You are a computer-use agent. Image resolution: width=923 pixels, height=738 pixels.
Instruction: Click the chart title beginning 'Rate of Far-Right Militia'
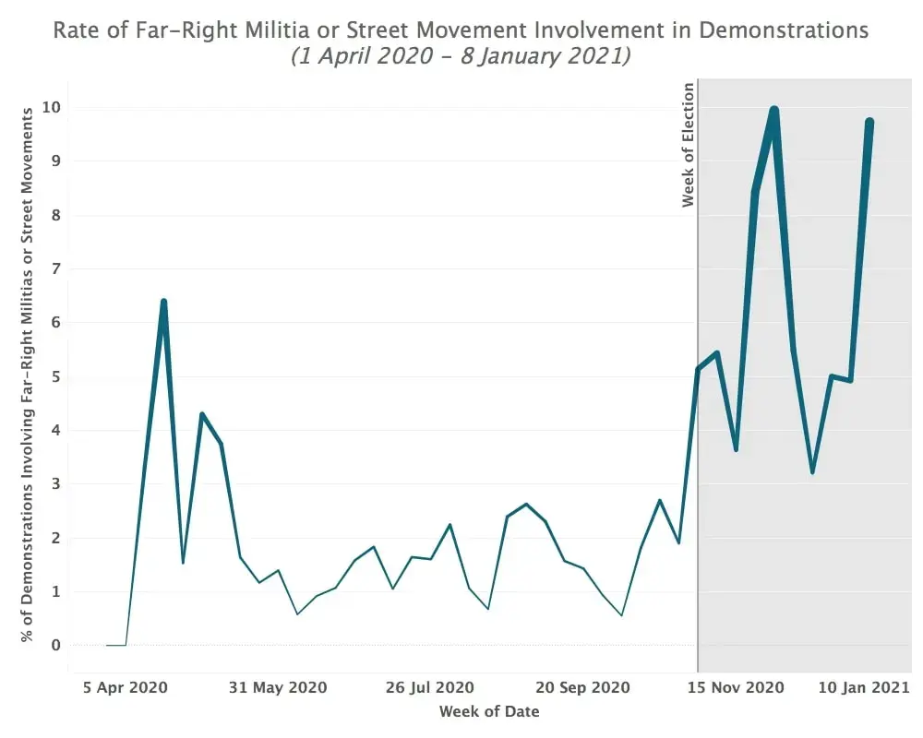click(x=461, y=30)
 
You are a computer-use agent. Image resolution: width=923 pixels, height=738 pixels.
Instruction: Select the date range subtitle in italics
click(x=461, y=56)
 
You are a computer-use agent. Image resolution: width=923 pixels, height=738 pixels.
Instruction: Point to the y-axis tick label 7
click(x=55, y=269)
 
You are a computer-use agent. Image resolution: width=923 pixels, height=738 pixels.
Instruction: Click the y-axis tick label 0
click(x=55, y=646)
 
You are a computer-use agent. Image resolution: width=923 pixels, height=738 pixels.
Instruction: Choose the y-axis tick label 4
click(x=55, y=431)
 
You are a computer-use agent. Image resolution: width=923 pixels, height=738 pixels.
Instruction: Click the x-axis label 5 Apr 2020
click(x=125, y=687)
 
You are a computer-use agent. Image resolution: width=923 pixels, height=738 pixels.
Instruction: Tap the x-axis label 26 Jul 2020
click(x=430, y=687)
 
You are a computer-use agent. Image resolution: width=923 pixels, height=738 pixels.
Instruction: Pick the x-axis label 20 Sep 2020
click(x=582, y=687)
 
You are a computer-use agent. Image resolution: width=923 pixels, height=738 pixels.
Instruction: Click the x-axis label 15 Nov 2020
click(x=736, y=687)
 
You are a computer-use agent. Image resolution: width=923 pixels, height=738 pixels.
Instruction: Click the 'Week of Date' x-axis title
click(x=489, y=711)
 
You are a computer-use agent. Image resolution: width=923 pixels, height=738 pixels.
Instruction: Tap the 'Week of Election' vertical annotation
click(x=689, y=145)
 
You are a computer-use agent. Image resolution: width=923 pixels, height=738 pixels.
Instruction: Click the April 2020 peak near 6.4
click(x=163, y=302)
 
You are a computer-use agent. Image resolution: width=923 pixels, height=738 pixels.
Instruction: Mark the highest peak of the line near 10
click(x=774, y=110)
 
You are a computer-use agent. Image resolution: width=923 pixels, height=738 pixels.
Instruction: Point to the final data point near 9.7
click(x=869, y=122)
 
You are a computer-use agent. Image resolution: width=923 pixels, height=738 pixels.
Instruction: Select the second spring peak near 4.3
click(x=202, y=414)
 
